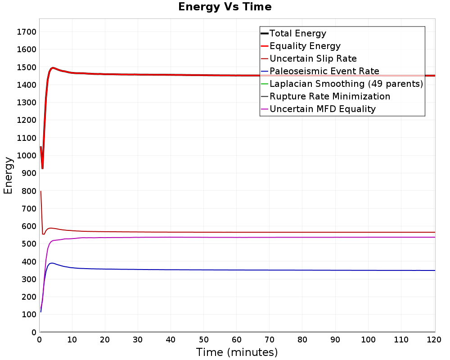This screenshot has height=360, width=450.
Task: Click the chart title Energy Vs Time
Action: click(x=225, y=7)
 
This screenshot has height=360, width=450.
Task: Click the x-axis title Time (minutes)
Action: click(x=237, y=352)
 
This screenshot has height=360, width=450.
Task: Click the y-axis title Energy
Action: click(x=8, y=175)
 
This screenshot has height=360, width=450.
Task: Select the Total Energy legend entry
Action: click(x=297, y=33)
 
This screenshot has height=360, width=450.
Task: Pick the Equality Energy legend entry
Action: click(x=305, y=46)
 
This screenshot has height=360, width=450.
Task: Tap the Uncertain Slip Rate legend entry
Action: click(x=313, y=58)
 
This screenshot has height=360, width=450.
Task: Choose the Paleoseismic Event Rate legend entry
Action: click(x=324, y=71)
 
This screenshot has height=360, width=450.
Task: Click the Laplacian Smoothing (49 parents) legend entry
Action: click(x=346, y=84)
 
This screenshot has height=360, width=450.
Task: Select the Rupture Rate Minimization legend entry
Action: click(x=330, y=96)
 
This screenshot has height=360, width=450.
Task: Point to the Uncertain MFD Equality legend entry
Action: click(x=322, y=109)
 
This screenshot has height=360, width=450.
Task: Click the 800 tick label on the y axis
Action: click(x=29, y=191)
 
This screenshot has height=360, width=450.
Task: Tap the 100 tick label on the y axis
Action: click(x=29, y=315)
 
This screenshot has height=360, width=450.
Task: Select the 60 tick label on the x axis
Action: click(x=237, y=340)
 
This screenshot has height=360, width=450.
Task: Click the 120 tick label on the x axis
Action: click(x=434, y=340)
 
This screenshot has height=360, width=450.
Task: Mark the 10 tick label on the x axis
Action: click(x=72, y=340)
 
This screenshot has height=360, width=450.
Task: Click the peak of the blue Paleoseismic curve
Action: click(x=52, y=263)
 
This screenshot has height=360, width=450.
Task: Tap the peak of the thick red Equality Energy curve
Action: click(x=53, y=68)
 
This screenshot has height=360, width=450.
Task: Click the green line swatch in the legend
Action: click(x=264, y=84)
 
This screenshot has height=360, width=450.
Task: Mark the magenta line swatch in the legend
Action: click(x=264, y=109)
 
